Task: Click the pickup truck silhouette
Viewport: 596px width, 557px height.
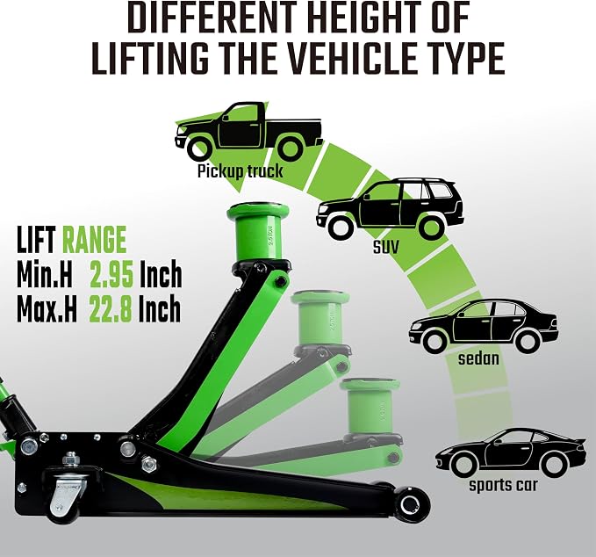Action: pyautogui.click(x=248, y=131)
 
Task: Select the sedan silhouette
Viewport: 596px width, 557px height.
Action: pyautogui.click(x=484, y=326)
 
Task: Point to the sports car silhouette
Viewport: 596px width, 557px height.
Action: pyautogui.click(x=510, y=453)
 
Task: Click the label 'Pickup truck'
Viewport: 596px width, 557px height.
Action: pyautogui.click(x=240, y=170)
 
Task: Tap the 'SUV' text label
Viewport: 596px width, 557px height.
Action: pyautogui.click(x=386, y=247)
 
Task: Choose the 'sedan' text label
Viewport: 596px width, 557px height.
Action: pyautogui.click(x=478, y=358)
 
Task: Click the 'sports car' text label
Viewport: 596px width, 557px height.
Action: pyautogui.click(x=503, y=486)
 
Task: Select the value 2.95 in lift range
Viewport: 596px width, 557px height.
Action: pyautogui.click(x=111, y=275)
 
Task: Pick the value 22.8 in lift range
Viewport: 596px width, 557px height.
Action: pyautogui.click(x=111, y=309)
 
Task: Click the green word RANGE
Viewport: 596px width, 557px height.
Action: pyautogui.click(x=94, y=240)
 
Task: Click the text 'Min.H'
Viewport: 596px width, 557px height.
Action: pyautogui.click(x=45, y=275)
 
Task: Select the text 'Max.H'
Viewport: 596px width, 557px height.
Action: pyautogui.click(x=47, y=309)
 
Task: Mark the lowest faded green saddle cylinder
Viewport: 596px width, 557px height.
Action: pyautogui.click(x=370, y=409)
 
